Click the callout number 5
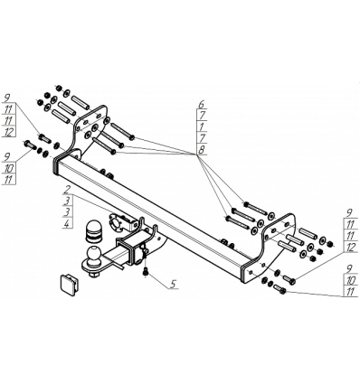pyautogui.click(x=173, y=284)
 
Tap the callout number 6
pyautogui.click(x=202, y=105)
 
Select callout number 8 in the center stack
pyautogui.click(x=202, y=149)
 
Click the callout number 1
pyautogui.click(x=202, y=126)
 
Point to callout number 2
pyautogui.click(x=68, y=190)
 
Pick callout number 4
pyautogui.click(x=68, y=223)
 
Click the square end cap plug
pyautogui.click(x=70, y=285)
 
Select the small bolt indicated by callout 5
pyautogui.click(x=146, y=272)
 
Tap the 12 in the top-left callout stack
pyautogui.click(x=8, y=132)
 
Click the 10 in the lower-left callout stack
pyautogui.click(x=8, y=169)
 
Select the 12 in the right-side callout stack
pyautogui.click(x=351, y=247)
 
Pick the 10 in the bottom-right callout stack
pyautogui.click(x=351, y=281)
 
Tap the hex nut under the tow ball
pyautogui.click(x=93, y=275)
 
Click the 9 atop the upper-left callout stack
pyautogui.click(x=8, y=98)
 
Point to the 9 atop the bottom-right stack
pyautogui.click(x=350, y=269)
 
